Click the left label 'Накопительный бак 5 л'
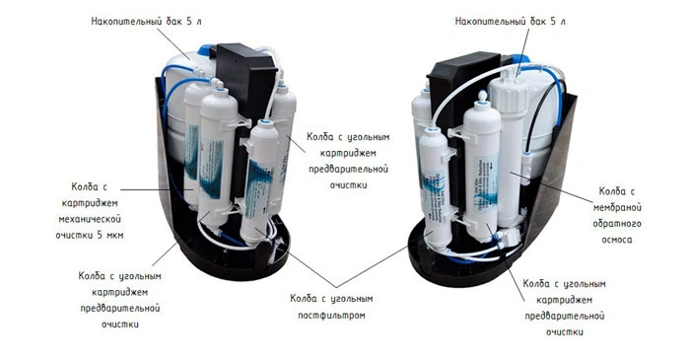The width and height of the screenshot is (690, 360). (x=146, y=21)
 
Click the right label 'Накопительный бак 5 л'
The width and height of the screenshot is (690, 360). (x=510, y=21)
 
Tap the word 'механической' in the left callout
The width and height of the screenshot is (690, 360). (x=90, y=219)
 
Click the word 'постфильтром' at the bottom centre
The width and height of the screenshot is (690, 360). (x=331, y=316)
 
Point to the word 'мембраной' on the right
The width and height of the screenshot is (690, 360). (x=617, y=208)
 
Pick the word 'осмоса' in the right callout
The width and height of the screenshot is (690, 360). (x=617, y=240)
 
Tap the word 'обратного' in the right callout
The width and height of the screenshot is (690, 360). (x=617, y=224)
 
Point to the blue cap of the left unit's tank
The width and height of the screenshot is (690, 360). (x=205, y=50)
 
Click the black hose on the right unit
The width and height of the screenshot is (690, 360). (x=540, y=106)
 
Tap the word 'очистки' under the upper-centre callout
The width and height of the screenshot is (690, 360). (x=349, y=185)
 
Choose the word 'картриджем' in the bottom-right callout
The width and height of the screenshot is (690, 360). (x=565, y=300)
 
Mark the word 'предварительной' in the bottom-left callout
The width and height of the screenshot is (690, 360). (x=119, y=308)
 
